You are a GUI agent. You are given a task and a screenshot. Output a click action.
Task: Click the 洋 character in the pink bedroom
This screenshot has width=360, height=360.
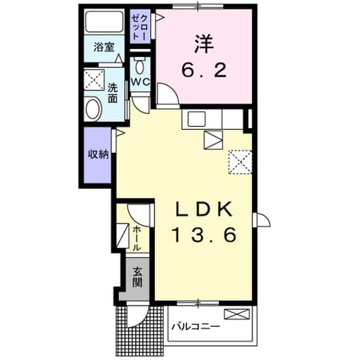click(204, 44)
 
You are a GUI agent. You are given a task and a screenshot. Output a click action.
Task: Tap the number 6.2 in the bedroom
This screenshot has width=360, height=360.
click(204, 71)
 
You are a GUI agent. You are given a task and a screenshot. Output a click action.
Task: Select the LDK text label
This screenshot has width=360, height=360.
click(204, 209)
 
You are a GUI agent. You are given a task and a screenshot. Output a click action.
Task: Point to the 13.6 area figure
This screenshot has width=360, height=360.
click(204, 236)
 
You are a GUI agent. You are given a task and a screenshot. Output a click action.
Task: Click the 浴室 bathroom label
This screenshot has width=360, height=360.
click(104, 48)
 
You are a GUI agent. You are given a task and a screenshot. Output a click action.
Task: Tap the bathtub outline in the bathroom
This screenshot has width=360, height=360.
click(104, 21)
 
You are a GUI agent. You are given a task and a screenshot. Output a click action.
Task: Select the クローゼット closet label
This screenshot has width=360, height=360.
click(140, 26)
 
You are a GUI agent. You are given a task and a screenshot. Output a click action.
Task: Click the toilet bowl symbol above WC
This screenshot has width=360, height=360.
click(140, 67)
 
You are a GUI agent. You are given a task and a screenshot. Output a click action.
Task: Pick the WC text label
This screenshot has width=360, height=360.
click(140, 82)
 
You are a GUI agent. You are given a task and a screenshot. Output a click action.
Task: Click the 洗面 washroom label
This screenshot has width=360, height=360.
click(113, 93)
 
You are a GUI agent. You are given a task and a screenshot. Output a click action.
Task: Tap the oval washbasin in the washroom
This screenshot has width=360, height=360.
click(93, 109)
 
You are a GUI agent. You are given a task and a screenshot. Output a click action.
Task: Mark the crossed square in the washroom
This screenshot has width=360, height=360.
click(94, 79)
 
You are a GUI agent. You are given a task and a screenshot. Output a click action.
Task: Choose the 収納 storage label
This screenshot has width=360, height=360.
click(98, 154)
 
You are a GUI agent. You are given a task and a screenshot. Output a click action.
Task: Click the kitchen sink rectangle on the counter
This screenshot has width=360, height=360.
click(197, 119)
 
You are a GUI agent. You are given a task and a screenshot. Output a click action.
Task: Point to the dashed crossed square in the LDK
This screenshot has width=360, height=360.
click(240, 162)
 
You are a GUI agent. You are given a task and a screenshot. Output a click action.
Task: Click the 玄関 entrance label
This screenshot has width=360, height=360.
click(137, 277)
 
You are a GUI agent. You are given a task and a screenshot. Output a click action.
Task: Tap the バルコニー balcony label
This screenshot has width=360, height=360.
click(196, 326)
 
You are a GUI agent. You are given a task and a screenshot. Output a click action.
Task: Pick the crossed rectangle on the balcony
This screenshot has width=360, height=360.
click(236, 314)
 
